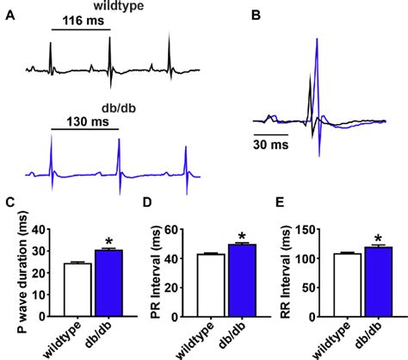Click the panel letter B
(x=256, y=15)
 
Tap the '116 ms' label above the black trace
(x=78, y=20)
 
